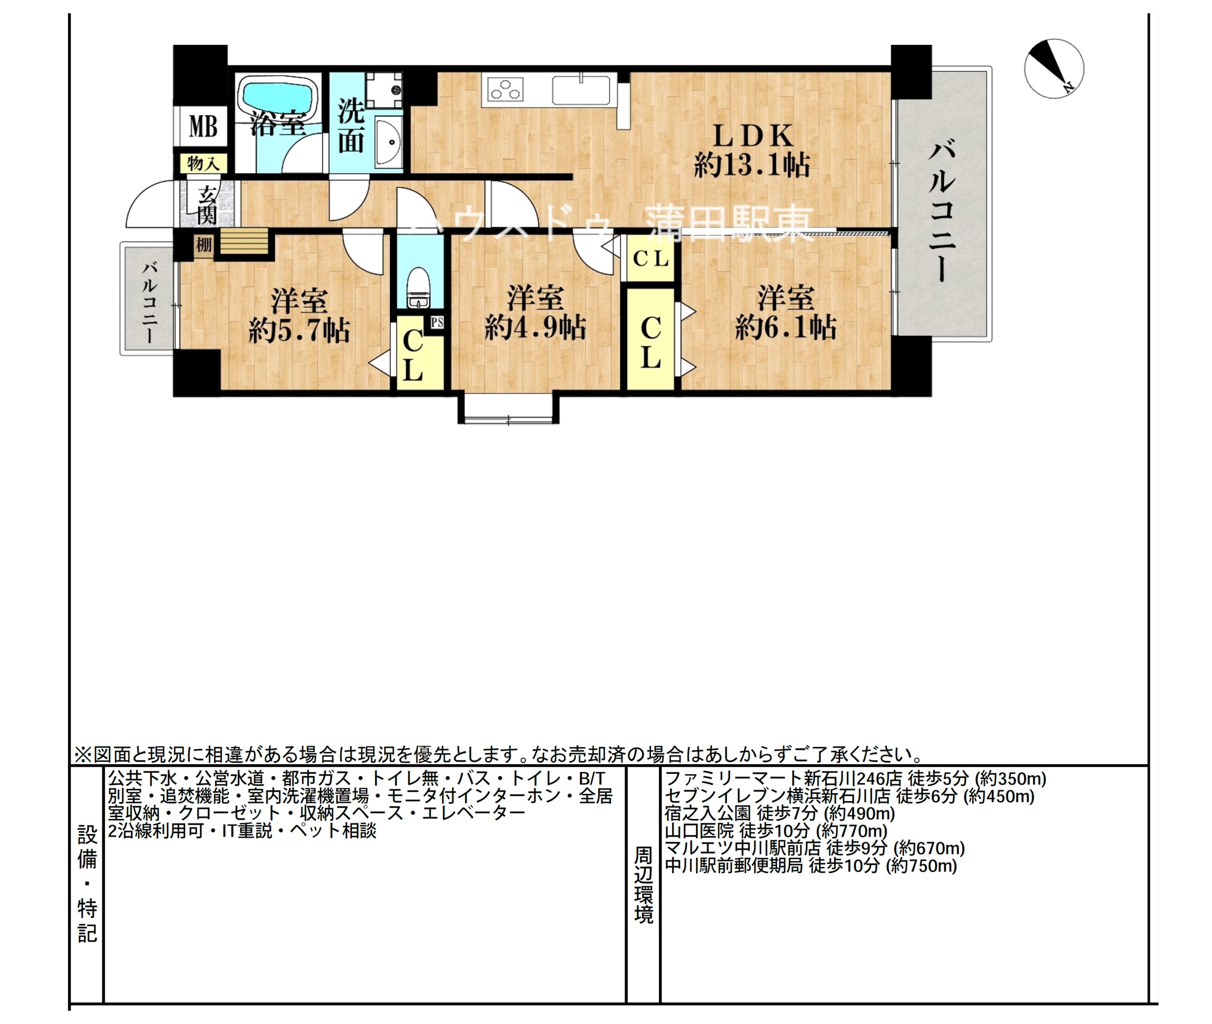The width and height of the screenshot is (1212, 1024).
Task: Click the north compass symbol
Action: (1053, 69)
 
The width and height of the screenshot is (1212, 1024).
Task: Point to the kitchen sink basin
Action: (581, 90)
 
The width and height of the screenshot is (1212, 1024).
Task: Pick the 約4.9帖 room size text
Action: (535, 328)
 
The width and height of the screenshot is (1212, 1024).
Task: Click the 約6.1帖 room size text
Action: (786, 328)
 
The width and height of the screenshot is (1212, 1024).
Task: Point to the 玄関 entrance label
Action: (207, 205)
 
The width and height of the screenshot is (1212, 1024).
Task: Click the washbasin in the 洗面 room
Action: (388, 141)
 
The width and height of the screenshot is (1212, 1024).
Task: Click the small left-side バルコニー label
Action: (150, 302)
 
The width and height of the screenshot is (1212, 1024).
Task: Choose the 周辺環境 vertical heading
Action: (643, 885)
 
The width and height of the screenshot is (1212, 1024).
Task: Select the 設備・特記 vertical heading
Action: (87, 885)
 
